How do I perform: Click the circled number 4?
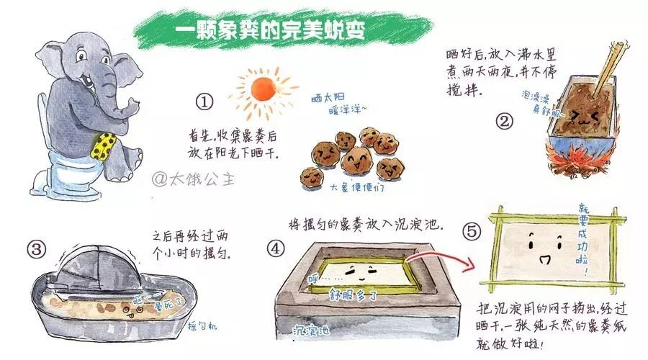pyautogui.click(x=276, y=249)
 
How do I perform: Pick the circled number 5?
pyautogui.click(x=472, y=231)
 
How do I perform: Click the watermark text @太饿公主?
pyautogui.click(x=190, y=178)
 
